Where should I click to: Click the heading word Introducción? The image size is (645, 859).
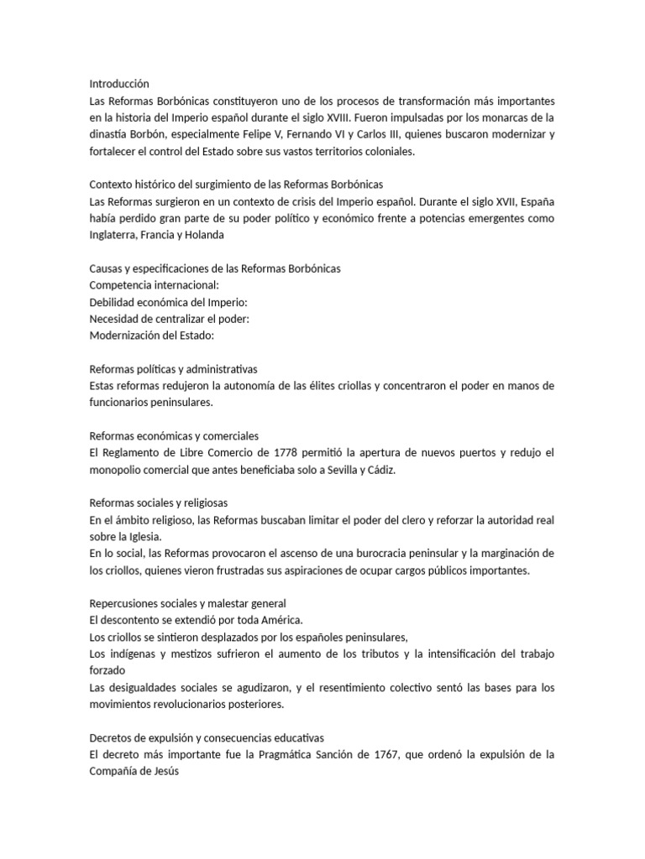[118, 84]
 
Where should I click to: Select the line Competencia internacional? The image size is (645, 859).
[154, 285]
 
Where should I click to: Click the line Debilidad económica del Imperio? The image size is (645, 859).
[169, 302]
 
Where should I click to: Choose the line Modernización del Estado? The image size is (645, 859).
[152, 336]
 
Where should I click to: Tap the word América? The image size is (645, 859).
[278, 621]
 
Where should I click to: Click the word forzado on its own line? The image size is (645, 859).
[107, 671]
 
